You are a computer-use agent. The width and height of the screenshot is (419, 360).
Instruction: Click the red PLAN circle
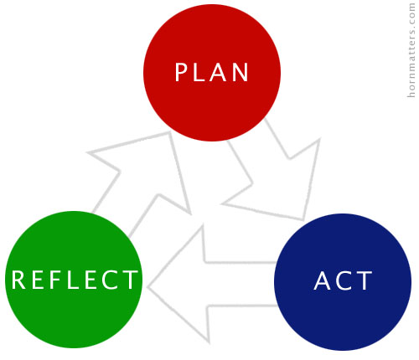[212, 73]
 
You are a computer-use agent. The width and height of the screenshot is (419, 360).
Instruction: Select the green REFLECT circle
[74, 280]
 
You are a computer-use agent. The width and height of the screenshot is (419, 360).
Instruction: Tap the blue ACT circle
[343, 282]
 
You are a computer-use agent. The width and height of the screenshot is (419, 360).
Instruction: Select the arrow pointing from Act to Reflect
[212, 284]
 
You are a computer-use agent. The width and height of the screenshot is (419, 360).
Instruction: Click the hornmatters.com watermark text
[411, 50]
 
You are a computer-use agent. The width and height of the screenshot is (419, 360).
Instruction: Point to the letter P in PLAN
[181, 72]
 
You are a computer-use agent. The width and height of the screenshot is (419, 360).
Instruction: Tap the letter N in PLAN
[241, 72]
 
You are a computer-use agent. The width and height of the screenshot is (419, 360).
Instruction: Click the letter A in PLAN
[218, 72]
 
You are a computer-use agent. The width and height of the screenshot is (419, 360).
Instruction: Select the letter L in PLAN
[199, 72]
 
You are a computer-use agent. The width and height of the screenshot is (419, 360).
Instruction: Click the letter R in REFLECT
[18, 280]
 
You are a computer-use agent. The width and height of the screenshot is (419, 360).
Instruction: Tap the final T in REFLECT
[130, 280]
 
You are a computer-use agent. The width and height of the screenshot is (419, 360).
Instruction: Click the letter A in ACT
[323, 281]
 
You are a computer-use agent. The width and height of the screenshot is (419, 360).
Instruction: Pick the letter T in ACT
[365, 281]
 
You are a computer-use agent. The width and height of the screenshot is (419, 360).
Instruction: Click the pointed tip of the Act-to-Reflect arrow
[147, 286]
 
